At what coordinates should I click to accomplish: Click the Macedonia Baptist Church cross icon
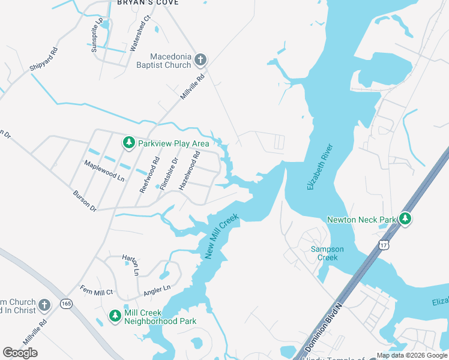(200, 59)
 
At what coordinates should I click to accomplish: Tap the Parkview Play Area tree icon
(128, 143)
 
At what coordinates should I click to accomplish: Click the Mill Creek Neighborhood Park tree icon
(115, 316)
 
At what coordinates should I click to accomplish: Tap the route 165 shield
(66, 305)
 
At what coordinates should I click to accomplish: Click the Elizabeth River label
(319, 167)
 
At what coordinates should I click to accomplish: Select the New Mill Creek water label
(221, 236)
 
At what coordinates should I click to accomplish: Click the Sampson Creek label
(324, 253)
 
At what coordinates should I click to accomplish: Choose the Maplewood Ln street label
(104, 171)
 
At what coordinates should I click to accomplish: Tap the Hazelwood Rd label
(188, 171)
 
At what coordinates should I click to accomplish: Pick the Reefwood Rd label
(149, 175)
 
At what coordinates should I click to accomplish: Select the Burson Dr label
(84, 201)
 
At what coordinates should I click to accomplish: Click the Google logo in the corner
(20, 353)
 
